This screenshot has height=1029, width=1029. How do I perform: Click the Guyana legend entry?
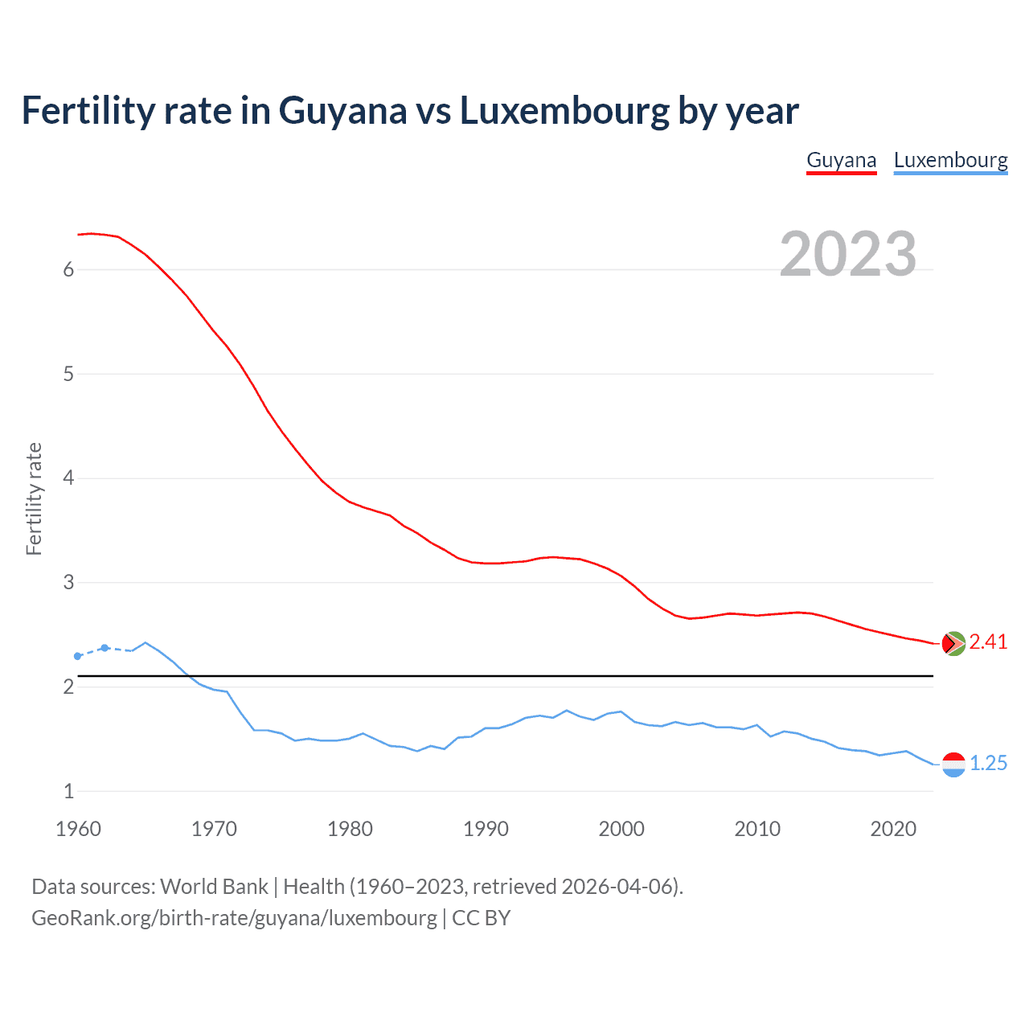[841, 160]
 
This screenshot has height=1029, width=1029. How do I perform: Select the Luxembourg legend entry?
[950, 160]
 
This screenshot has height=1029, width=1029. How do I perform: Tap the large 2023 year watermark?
[847, 254]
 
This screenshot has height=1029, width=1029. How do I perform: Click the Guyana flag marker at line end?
[953, 643]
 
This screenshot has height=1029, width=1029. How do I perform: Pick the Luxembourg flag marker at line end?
[953, 765]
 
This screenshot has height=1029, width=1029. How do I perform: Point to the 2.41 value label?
[988, 642]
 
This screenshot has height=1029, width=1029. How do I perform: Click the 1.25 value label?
[988, 763]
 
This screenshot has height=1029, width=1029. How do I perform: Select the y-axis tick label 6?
[68, 270]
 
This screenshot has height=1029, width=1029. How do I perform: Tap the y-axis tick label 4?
[68, 478]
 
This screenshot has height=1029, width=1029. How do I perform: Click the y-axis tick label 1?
[68, 791]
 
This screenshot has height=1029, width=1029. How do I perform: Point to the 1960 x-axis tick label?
[78, 829]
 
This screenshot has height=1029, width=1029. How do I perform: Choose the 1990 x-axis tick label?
[486, 829]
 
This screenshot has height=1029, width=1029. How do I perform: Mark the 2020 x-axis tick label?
[893, 829]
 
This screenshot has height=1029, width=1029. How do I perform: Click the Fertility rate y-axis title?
[34, 498]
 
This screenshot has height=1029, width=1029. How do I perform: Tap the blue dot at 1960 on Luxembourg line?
[78, 657]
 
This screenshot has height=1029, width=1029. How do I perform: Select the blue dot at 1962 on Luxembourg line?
[105, 648]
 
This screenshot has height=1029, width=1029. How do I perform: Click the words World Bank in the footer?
[214, 887]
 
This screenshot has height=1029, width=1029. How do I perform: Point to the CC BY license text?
[481, 918]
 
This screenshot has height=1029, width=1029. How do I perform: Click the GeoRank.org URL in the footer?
[234, 918]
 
